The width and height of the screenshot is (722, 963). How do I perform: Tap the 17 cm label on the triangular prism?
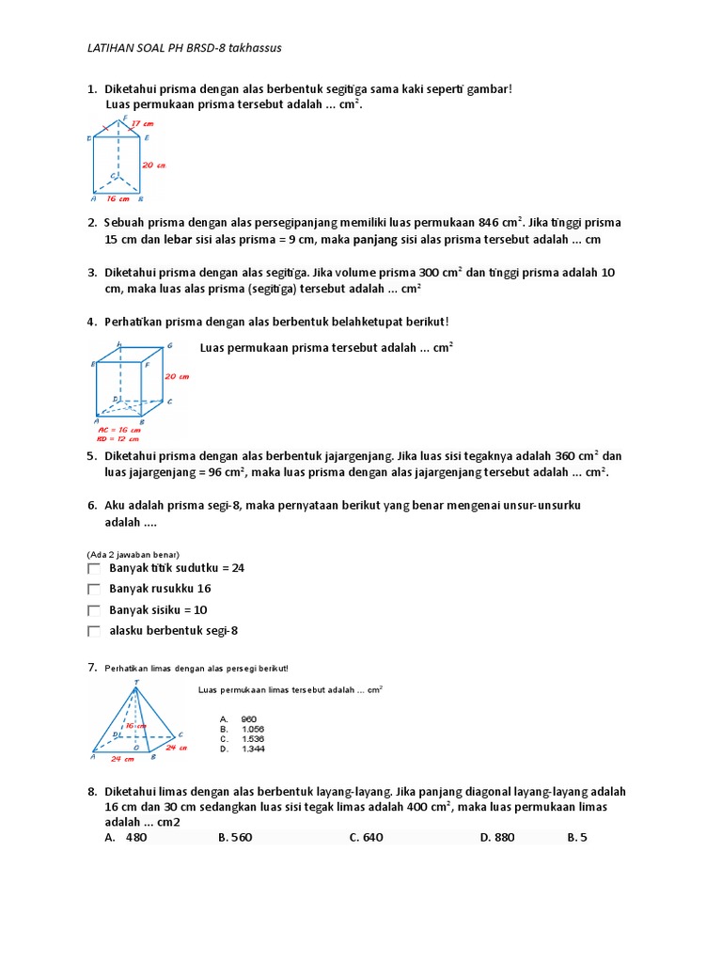[x=142, y=123]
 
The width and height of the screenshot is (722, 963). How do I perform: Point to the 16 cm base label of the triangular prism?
[x=117, y=198]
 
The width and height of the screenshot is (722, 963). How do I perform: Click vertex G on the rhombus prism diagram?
[x=170, y=346]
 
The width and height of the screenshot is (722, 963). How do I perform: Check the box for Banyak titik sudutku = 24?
[x=93, y=569]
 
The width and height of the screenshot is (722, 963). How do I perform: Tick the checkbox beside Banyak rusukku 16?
[x=93, y=590]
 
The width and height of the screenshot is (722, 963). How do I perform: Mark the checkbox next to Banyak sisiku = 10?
[x=93, y=610]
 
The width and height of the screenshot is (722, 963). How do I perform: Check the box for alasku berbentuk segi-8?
[x=93, y=632]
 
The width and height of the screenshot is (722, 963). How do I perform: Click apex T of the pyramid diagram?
[x=137, y=681]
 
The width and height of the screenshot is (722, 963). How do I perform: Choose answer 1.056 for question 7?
[x=250, y=729]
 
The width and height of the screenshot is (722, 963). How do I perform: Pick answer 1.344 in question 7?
[x=250, y=749]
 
